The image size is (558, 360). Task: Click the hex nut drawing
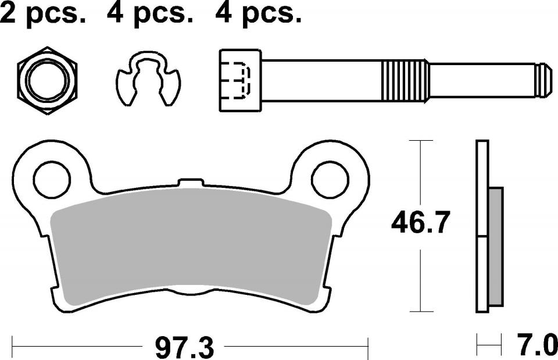(x=47, y=80)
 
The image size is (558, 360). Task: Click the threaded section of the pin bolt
(x=405, y=80)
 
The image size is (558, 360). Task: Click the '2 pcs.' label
(x=42, y=13)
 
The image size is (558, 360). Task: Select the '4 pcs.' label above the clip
(x=150, y=13)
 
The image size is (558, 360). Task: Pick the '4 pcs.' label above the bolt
(x=258, y=13)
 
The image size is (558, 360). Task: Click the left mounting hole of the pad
(x=52, y=180)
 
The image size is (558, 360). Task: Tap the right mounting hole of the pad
(x=330, y=180)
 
